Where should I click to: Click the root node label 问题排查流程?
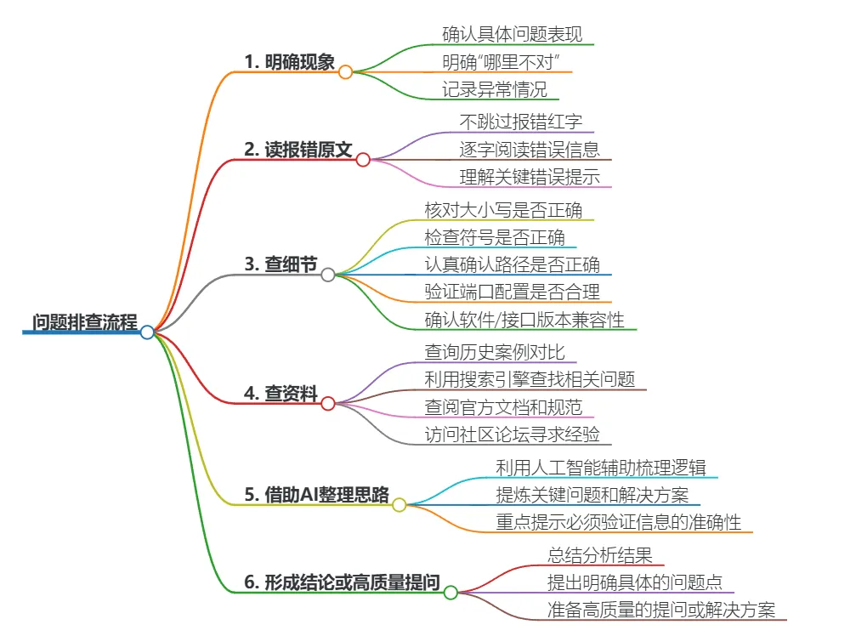tap(84, 322)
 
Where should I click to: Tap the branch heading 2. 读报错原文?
tap(298, 150)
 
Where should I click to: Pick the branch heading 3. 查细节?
tap(281, 264)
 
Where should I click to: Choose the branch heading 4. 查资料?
tap(281, 394)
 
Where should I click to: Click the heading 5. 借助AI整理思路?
tap(316, 495)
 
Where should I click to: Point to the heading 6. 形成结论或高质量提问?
tap(342, 582)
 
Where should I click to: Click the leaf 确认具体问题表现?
tap(513, 35)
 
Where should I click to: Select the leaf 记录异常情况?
tap(495, 88)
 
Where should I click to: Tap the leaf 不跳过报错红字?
tap(521, 122)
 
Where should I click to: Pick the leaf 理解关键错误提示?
tap(530, 177)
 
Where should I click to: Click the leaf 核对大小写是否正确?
tap(503, 209)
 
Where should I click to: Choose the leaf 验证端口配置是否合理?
tap(513, 292)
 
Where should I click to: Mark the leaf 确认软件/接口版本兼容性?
tap(524, 320)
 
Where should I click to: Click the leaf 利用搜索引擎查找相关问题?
tap(530, 379)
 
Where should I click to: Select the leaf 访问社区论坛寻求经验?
tap(513, 434)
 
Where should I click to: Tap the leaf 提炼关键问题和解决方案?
tap(592, 495)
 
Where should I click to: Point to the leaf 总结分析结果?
tap(600, 556)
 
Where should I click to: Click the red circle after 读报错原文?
tap(363, 160)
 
